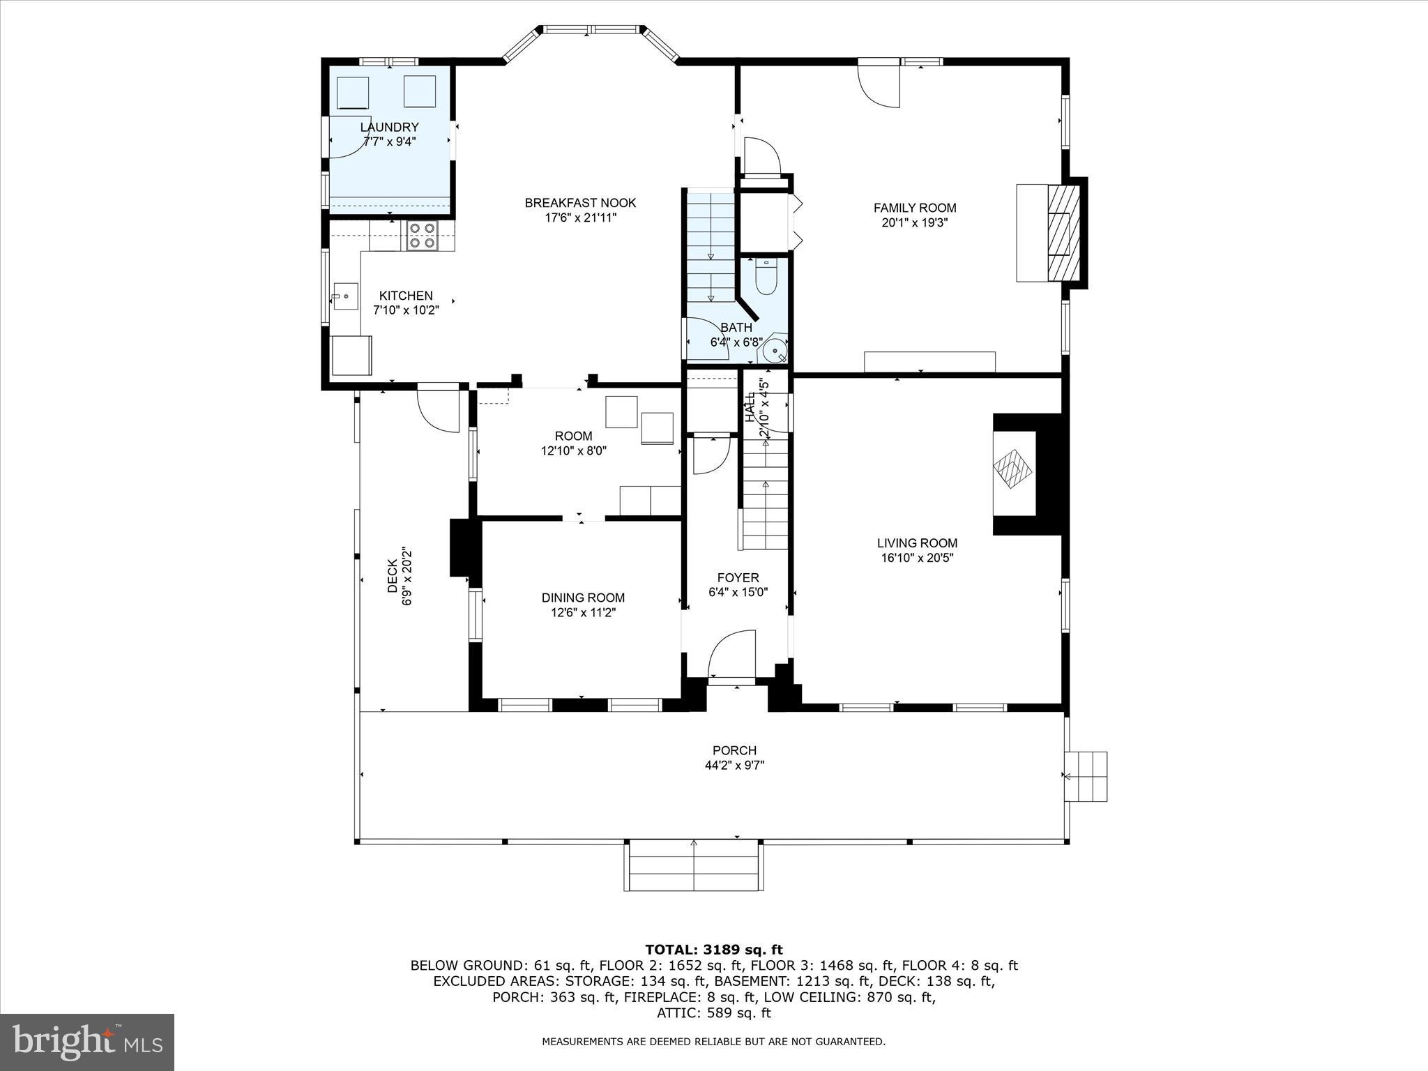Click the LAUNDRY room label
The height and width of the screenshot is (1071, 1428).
(x=389, y=127)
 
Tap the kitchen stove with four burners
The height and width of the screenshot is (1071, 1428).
(x=422, y=235)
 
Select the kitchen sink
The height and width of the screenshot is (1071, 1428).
(x=344, y=296)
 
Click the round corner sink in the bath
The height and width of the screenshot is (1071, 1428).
(x=775, y=350)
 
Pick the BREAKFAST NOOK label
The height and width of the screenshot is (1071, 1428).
(x=580, y=203)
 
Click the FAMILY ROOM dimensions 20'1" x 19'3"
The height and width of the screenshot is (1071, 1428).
(x=915, y=223)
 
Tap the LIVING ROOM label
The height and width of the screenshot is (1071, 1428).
(x=917, y=543)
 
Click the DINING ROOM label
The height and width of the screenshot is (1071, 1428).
(x=583, y=598)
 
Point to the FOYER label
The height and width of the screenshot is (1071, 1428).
(x=738, y=577)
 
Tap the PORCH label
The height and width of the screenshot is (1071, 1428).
(x=734, y=750)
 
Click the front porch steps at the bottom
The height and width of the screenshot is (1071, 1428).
(x=693, y=865)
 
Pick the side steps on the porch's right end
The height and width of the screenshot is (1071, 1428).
(x=1086, y=776)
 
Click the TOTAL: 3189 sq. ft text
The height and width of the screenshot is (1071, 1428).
(x=714, y=950)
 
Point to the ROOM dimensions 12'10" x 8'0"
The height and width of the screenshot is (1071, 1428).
(x=574, y=451)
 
